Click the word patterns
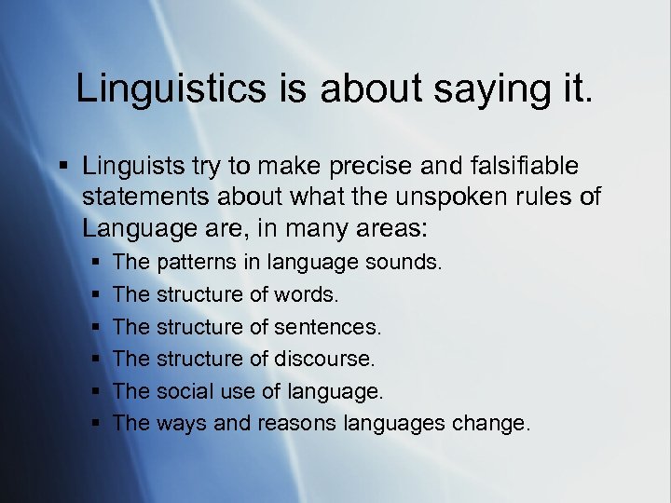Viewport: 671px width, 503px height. (197, 264)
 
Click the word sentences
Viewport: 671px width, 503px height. (326, 327)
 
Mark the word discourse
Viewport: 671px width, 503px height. (320, 359)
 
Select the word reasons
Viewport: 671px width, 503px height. (297, 424)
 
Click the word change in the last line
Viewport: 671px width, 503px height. (489, 424)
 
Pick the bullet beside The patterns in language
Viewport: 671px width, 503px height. (96, 264)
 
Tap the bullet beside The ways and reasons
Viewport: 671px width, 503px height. (96, 424)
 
